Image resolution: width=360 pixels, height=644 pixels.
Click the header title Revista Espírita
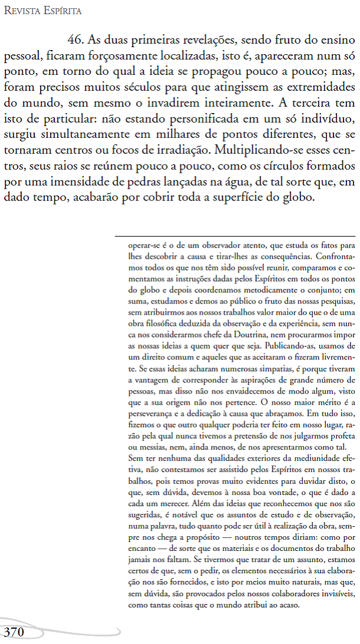[x=42, y=11]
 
